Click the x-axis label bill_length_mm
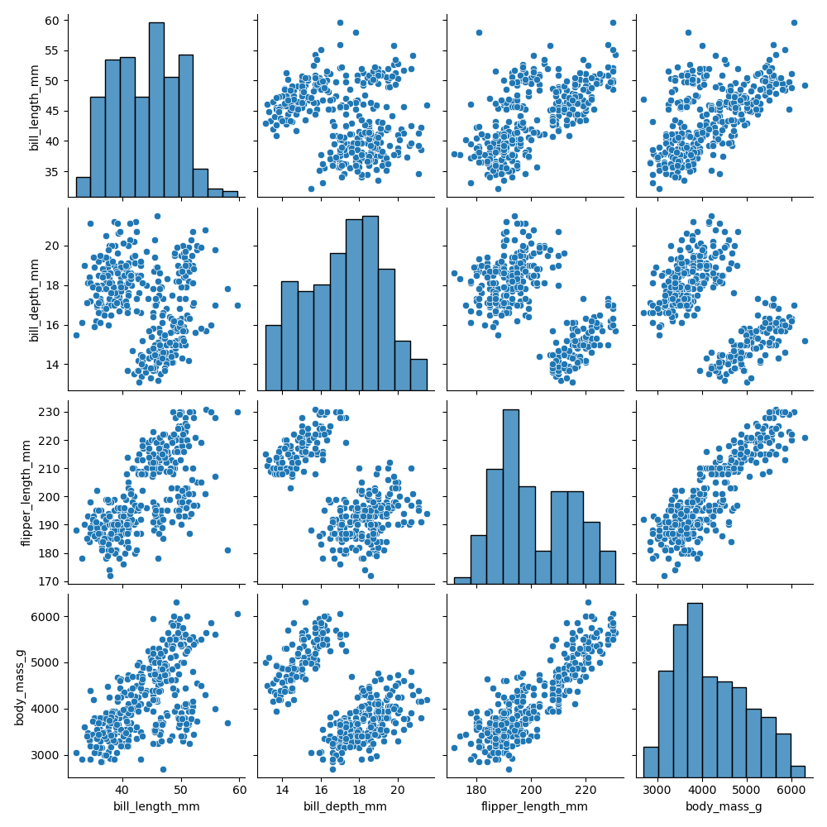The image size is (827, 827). [x=156, y=806]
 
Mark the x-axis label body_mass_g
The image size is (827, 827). [x=724, y=806]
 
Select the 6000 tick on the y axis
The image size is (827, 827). [x=48, y=617]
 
